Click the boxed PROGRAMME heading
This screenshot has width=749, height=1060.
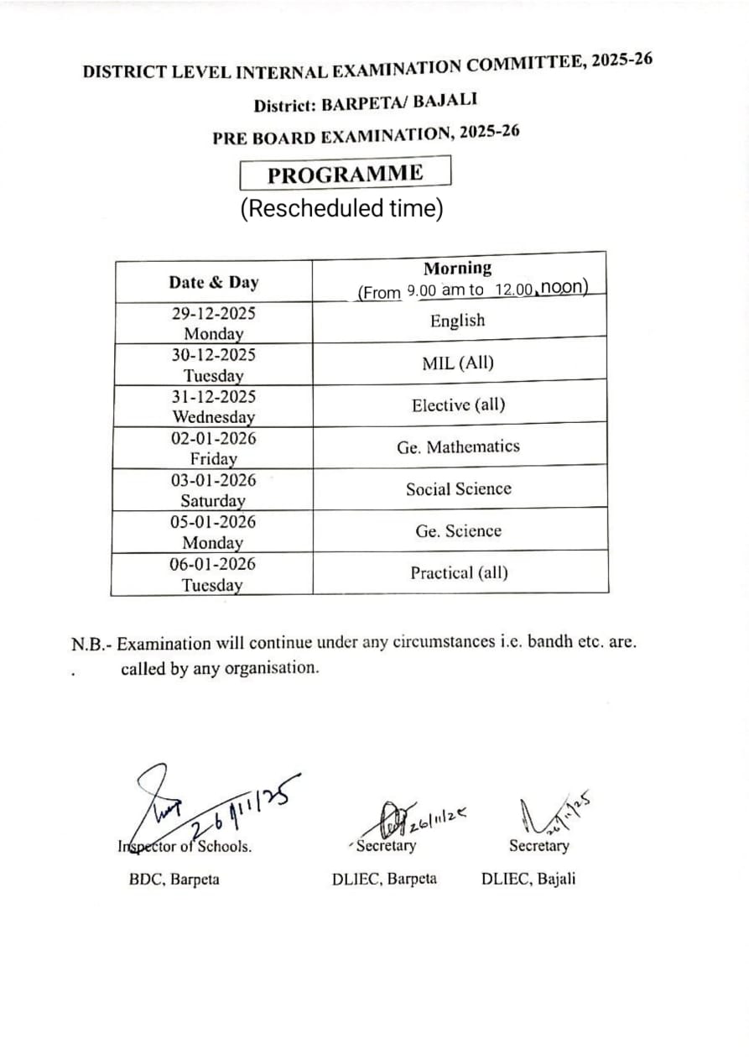pyautogui.click(x=346, y=174)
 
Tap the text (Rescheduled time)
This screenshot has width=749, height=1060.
pyautogui.click(x=341, y=208)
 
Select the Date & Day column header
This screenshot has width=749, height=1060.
pyautogui.click(x=213, y=282)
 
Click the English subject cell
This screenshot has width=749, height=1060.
pyautogui.click(x=457, y=321)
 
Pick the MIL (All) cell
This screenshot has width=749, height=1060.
pyautogui.click(x=458, y=363)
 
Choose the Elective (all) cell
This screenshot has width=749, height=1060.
pyautogui.click(x=458, y=405)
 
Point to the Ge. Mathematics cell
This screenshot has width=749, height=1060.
pyautogui.click(x=458, y=446)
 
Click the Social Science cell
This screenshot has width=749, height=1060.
pyautogui.click(x=458, y=488)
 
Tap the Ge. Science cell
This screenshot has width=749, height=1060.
pyautogui.click(x=458, y=531)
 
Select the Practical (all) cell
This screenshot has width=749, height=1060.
pyautogui.click(x=459, y=573)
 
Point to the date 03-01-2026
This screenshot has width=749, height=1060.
pyautogui.click(x=213, y=480)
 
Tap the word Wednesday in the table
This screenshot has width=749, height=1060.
pyautogui.click(x=214, y=416)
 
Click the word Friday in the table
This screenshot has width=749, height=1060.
pyautogui.click(x=213, y=459)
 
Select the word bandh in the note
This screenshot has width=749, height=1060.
pyautogui.click(x=530, y=643)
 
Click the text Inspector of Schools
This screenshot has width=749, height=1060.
pyautogui.click(x=185, y=847)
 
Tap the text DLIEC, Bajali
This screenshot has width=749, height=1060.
pyautogui.click(x=528, y=880)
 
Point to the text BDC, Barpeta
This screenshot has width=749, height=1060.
pyautogui.click(x=174, y=880)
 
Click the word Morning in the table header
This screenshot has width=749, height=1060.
pyautogui.click(x=457, y=269)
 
